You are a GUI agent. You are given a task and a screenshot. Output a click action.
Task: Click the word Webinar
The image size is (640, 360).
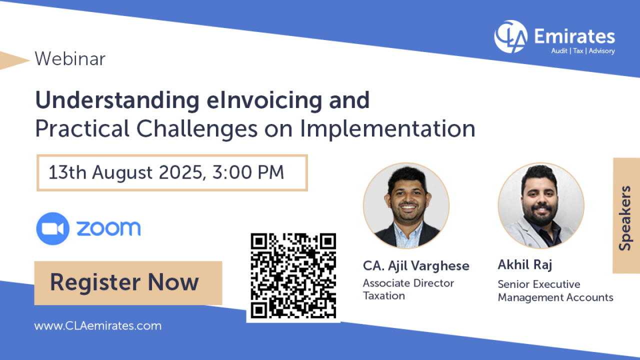pos(70,59)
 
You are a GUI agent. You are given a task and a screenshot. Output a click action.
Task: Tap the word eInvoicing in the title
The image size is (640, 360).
pos(264,101)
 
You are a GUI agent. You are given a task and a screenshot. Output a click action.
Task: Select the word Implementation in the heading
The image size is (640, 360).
pos(387,129)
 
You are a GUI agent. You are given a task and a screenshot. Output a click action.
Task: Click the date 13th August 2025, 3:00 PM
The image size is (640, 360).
pos(166,172)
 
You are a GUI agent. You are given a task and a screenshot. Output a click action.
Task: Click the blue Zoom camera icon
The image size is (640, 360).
pos(52,228)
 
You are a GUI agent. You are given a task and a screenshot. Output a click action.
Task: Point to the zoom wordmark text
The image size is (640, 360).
pos(108,228)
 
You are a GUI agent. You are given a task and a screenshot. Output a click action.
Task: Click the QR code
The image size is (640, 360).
pos(293,275)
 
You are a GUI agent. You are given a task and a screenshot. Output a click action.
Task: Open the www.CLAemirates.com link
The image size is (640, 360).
pos(97,325)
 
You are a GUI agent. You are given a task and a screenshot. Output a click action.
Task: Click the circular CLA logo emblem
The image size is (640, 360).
pos(511,36)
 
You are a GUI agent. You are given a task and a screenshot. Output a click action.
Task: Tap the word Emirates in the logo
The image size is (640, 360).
pos(574,36)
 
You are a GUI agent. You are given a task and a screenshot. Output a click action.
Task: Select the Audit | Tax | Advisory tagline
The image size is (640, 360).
pos(583,51)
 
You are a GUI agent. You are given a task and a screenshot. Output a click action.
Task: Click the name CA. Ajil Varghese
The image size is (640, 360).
pos(416,266)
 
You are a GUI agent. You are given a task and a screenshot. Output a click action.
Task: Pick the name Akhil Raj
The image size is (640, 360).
pos(525,264)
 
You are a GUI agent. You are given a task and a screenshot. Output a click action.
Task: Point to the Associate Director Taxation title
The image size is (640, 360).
pos(408,289)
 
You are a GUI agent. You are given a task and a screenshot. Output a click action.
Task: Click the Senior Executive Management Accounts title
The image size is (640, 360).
pos(555,291)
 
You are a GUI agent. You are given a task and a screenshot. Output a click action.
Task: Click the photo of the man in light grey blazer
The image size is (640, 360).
pos(541,205)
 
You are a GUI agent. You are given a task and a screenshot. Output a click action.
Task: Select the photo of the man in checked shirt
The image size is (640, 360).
pos(406,205)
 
